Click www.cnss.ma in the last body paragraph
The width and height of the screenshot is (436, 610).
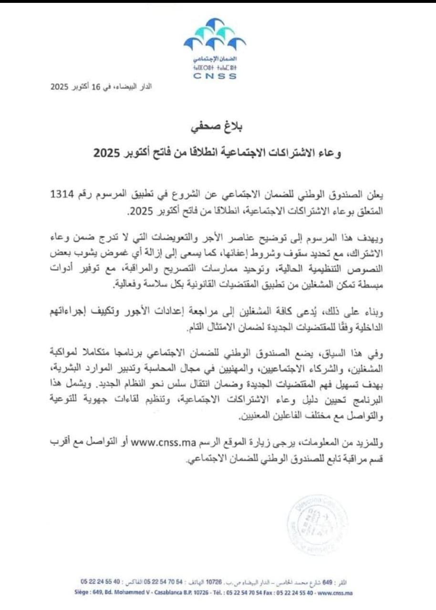157,444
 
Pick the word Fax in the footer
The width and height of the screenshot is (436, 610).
267,593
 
